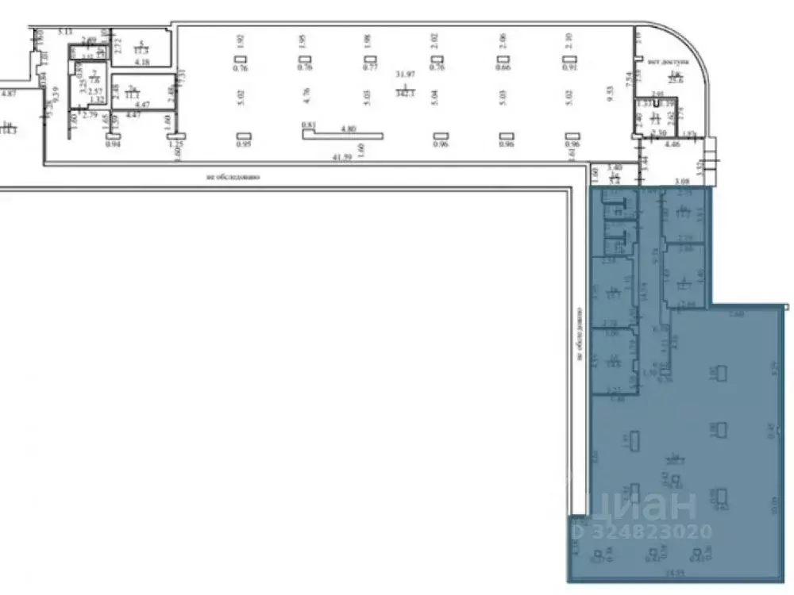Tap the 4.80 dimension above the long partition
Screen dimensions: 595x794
point(348,127)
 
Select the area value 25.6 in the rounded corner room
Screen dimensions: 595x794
point(676,79)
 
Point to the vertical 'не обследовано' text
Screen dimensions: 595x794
point(580,333)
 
